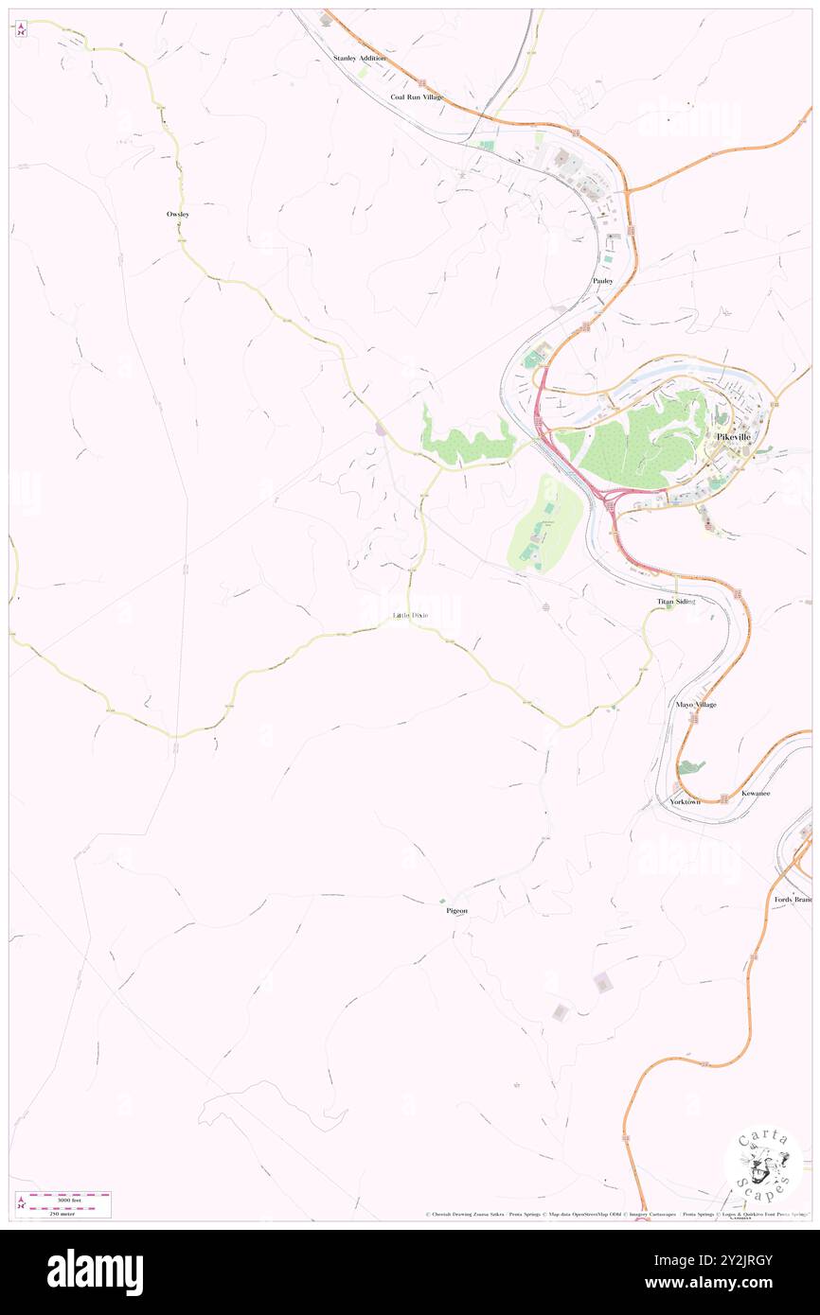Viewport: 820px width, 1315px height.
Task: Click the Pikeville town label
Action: [x=733, y=437]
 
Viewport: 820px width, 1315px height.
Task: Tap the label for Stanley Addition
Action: [x=360, y=59]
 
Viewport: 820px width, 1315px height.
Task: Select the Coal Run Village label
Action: [x=417, y=97]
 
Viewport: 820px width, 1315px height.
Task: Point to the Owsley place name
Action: [x=178, y=215]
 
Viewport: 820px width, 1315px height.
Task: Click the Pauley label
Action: [x=603, y=281]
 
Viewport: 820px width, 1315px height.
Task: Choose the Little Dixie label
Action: [x=410, y=616]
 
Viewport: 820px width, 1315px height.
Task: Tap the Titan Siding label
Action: [x=676, y=602]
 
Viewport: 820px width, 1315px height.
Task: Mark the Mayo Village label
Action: [x=696, y=705]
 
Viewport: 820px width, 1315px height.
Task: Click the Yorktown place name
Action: [x=685, y=801]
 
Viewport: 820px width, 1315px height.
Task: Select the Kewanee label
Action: [x=756, y=793]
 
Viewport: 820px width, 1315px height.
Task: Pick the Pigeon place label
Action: [x=457, y=911]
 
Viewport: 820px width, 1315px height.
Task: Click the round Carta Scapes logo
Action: [x=763, y=1161]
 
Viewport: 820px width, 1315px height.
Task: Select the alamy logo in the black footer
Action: [x=95, y=1271]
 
